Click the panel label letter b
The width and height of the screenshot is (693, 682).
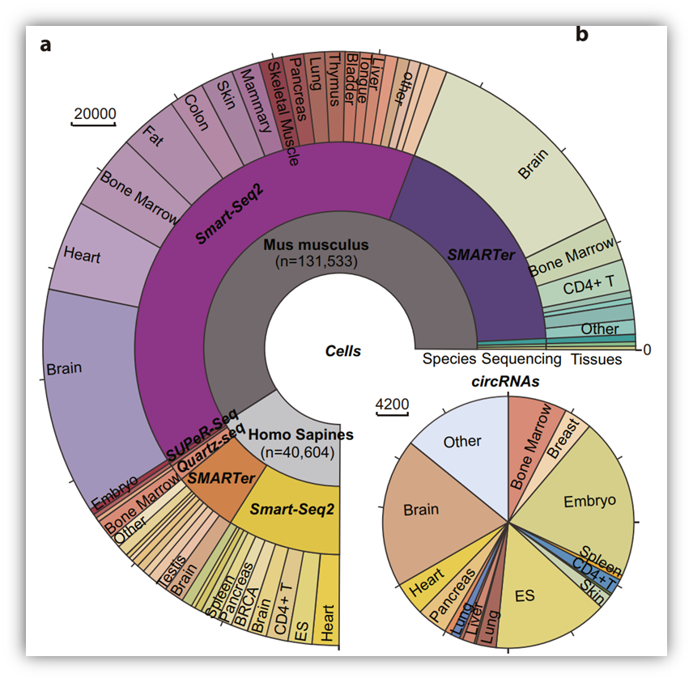[582, 34]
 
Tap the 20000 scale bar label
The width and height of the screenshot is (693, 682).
[94, 113]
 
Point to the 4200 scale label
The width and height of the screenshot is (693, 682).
[393, 404]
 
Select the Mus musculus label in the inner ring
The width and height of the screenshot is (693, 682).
[316, 244]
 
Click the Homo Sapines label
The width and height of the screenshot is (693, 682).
[300, 435]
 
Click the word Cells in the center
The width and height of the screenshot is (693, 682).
[342, 351]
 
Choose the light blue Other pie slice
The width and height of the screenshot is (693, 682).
[462, 442]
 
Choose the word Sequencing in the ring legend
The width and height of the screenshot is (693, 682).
[521, 359]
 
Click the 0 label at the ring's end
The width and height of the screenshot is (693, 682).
[648, 349]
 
